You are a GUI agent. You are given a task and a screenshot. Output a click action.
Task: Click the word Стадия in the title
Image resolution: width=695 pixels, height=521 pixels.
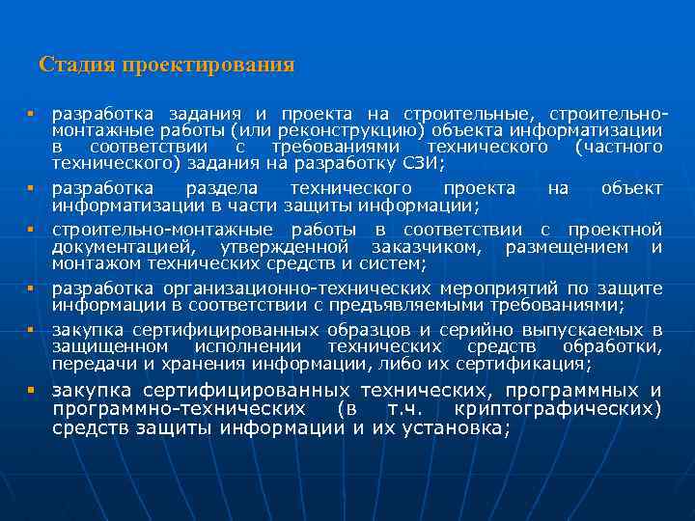pos(74,66)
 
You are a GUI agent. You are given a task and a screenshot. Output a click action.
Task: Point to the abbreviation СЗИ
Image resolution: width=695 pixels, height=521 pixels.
pos(420,163)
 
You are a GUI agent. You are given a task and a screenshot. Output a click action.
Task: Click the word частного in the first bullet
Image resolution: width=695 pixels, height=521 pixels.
pos(619,147)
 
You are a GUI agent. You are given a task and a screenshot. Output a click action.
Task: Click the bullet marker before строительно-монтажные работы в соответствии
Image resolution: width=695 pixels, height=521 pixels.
pos(32,231)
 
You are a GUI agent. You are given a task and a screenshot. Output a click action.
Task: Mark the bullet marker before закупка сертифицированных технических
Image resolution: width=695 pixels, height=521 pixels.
pos(32,391)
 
